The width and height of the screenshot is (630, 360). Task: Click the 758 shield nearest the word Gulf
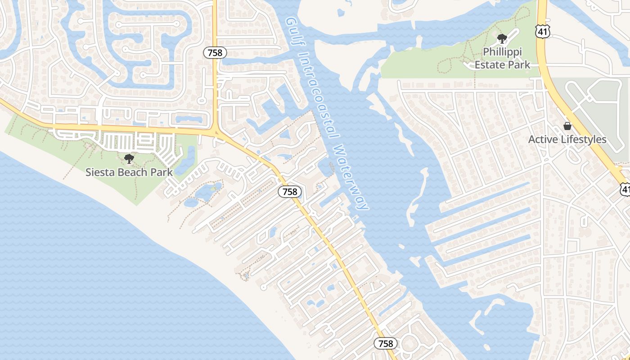215,53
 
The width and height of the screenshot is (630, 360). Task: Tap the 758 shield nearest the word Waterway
290,192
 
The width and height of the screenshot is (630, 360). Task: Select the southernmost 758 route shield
386,344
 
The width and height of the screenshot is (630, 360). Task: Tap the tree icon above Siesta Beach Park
129,158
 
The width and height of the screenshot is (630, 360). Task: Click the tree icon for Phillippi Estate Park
502,39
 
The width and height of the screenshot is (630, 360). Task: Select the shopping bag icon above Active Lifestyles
567,126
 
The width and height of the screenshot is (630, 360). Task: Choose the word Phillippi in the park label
502,52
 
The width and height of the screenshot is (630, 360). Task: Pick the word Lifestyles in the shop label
584,139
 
